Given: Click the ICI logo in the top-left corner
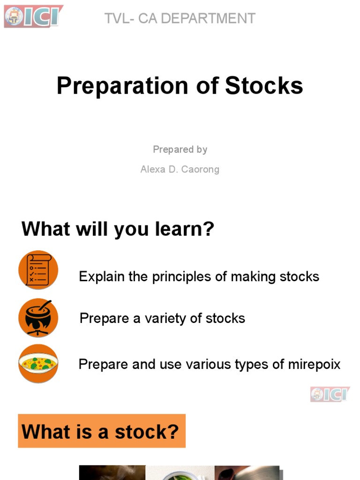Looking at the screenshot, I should coord(33,16).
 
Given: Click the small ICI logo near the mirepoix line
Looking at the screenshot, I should coord(330,394).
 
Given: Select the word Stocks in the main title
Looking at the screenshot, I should coord(264,86).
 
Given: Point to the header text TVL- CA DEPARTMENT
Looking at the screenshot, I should coord(180,19).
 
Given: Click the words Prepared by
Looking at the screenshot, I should coord(180,150).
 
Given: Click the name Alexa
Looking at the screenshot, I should coord(152,169).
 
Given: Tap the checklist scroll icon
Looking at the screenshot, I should coord(38,270).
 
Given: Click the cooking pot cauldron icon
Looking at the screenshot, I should coord(38,318).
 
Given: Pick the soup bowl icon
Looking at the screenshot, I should coord(38,363).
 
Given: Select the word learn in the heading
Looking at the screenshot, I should coord(180,230).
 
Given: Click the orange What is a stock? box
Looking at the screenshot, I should coord(102,431).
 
